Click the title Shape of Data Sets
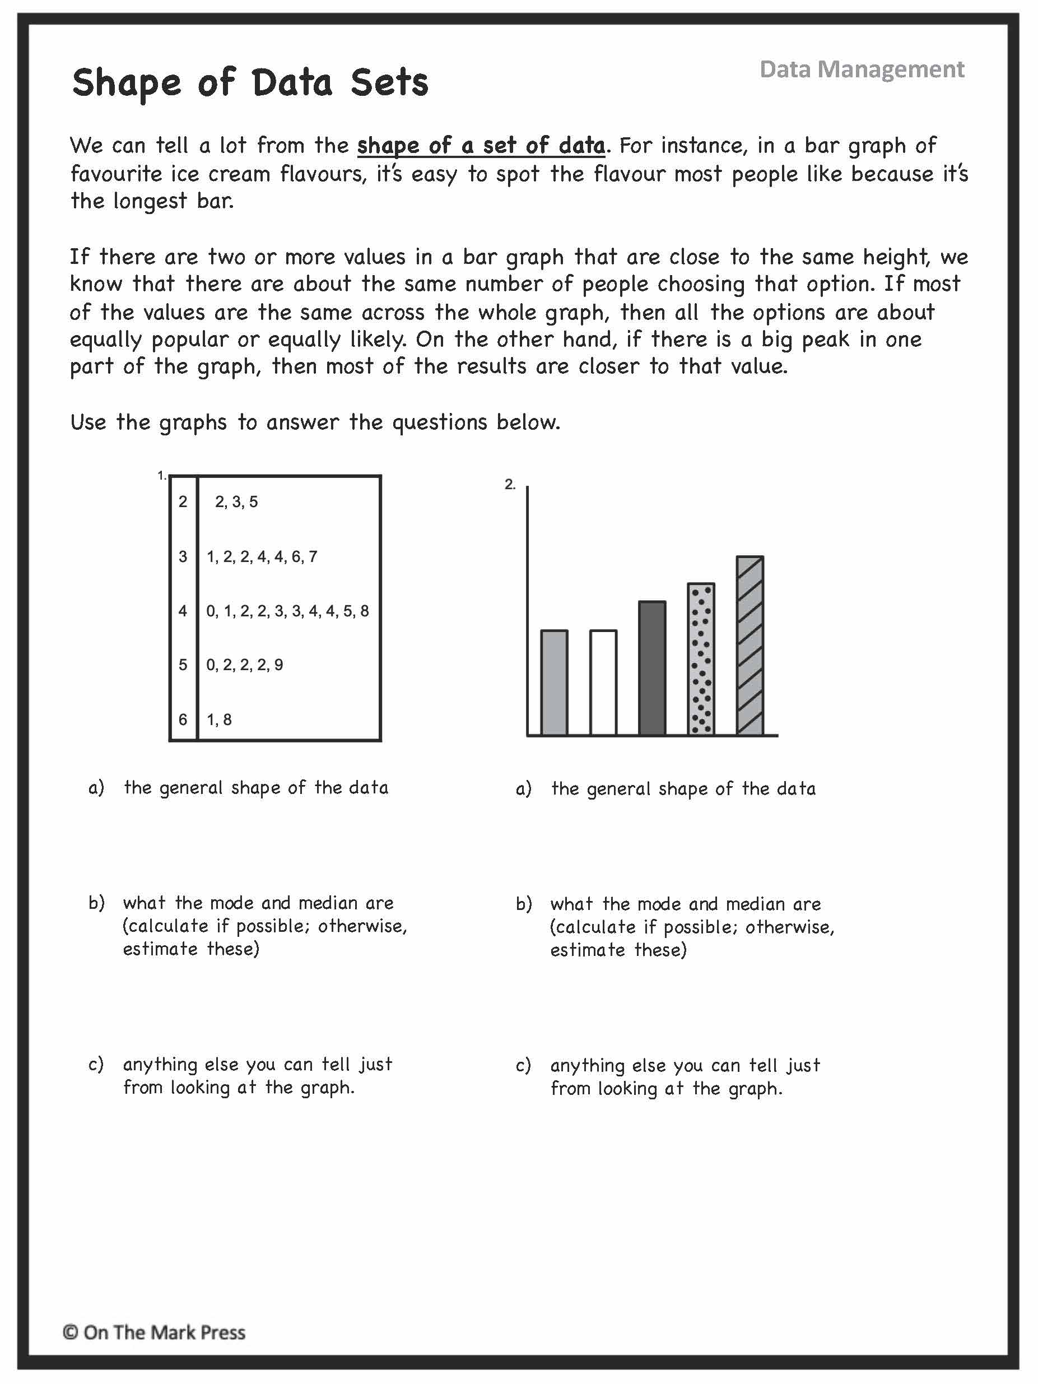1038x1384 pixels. (250, 82)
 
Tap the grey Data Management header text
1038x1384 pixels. (861, 69)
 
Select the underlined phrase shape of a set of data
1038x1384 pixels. (481, 146)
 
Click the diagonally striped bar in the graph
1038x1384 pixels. (750, 645)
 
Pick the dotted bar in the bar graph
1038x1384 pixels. (701, 659)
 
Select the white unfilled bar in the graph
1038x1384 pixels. (603, 682)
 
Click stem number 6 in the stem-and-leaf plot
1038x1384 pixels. (183, 719)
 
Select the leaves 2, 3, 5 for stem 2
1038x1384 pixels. (236, 502)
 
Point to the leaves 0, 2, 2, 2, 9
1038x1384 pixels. (245, 665)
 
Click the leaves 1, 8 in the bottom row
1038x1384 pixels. (219, 719)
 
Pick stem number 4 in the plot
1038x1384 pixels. (183, 611)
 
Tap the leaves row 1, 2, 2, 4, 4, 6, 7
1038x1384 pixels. (262, 556)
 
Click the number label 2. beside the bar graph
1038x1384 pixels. (510, 484)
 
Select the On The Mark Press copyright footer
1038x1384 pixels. (154, 1332)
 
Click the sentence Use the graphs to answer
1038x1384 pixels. (315, 422)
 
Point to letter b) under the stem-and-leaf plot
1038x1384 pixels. (96, 903)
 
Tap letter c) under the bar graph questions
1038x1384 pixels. (523, 1065)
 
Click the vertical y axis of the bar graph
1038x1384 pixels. (528, 610)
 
